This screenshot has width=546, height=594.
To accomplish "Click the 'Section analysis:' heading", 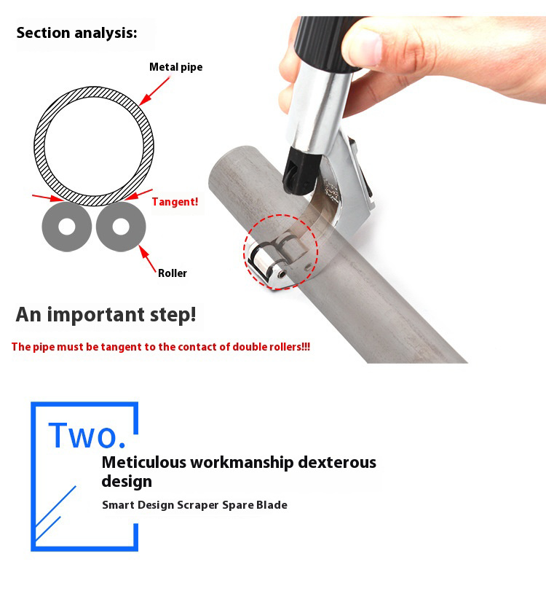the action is pyautogui.click(x=76, y=33).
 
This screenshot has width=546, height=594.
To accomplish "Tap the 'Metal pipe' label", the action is pyautogui.click(x=176, y=67).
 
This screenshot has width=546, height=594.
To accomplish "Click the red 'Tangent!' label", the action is pyautogui.click(x=175, y=202).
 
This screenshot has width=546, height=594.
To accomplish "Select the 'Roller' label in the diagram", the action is pyautogui.click(x=172, y=273).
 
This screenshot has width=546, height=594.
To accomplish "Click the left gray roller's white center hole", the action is pyautogui.click(x=67, y=227).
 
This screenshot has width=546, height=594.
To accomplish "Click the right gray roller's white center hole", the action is pyautogui.click(x=121, y=227).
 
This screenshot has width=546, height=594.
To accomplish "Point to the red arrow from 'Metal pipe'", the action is pyautogui.click(x=155, y=90).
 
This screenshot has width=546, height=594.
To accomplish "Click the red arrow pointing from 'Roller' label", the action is pyautogui.click(x=148, y=259).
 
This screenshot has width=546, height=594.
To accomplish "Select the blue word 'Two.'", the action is pyautogui.click(x=87, y=436).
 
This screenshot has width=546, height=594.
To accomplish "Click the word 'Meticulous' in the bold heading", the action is pyautogui.click(x=144, y=462).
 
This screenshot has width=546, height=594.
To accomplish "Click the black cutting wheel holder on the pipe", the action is pyautogui.click(x=301, y=172).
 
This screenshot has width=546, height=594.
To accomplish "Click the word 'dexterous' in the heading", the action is pyautogui.click(x=337, y=462).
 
